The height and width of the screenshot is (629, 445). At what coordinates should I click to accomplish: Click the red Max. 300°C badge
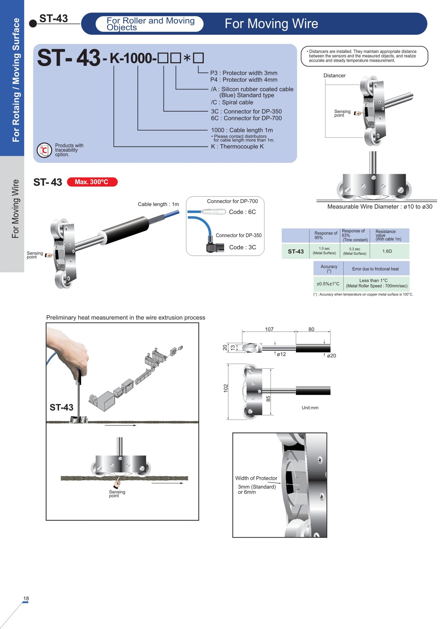[x=92, y=182]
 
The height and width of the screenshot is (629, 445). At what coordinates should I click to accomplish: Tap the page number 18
[x=26, y=598]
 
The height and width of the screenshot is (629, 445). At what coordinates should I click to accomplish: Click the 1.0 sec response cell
[x=324, y=251]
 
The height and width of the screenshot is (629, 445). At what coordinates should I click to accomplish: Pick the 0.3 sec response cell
[x=355, y=251]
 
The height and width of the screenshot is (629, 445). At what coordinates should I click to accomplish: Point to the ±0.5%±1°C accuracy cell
[x=328, y=284]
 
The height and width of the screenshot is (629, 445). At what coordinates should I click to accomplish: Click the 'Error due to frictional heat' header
[x=375, y=269]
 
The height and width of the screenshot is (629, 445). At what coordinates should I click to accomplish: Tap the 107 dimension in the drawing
[x=269, y=329]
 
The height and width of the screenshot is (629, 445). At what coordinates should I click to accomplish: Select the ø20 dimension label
[x=331, y=356]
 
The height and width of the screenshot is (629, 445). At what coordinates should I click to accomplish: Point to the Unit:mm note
[x=310, y=408]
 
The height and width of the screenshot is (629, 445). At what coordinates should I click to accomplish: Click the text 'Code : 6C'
[x=242, y=212]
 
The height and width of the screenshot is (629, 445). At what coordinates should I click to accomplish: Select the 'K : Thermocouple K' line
[x=237, y=147]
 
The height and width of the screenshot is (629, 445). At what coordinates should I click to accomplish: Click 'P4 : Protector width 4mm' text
[x=244, y=80]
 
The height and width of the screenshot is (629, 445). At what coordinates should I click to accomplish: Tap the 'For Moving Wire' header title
[x=271, y=24]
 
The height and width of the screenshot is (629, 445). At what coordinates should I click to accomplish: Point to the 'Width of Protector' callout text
[x=256, y=478]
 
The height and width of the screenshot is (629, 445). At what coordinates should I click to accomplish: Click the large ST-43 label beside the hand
[x=61, y=407]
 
